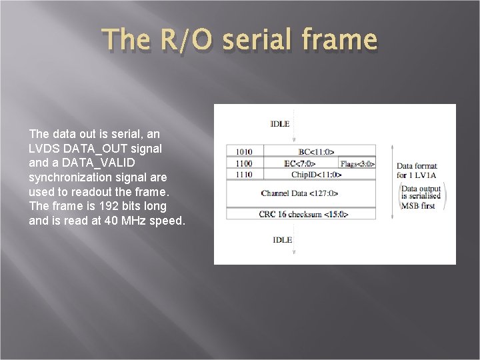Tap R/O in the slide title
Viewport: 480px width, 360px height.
tap(187, 39)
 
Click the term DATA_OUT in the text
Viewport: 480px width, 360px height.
tap(100, 148)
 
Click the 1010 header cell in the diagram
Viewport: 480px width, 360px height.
tap(244, 151)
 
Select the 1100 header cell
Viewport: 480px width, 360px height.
tap(244, 163)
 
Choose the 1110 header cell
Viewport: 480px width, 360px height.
tap(244, 174)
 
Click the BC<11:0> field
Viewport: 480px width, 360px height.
tap(316, 151)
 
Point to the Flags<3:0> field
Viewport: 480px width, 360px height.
tap(357, 163)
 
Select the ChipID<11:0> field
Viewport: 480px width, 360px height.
tap(316, 174)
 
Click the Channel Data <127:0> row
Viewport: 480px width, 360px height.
tap(299, 193)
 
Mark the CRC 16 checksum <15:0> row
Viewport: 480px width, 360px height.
tap(303, 214)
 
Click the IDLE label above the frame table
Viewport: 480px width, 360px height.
tap(280, 123)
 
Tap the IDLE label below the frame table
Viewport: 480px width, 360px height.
tap(282, 239)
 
